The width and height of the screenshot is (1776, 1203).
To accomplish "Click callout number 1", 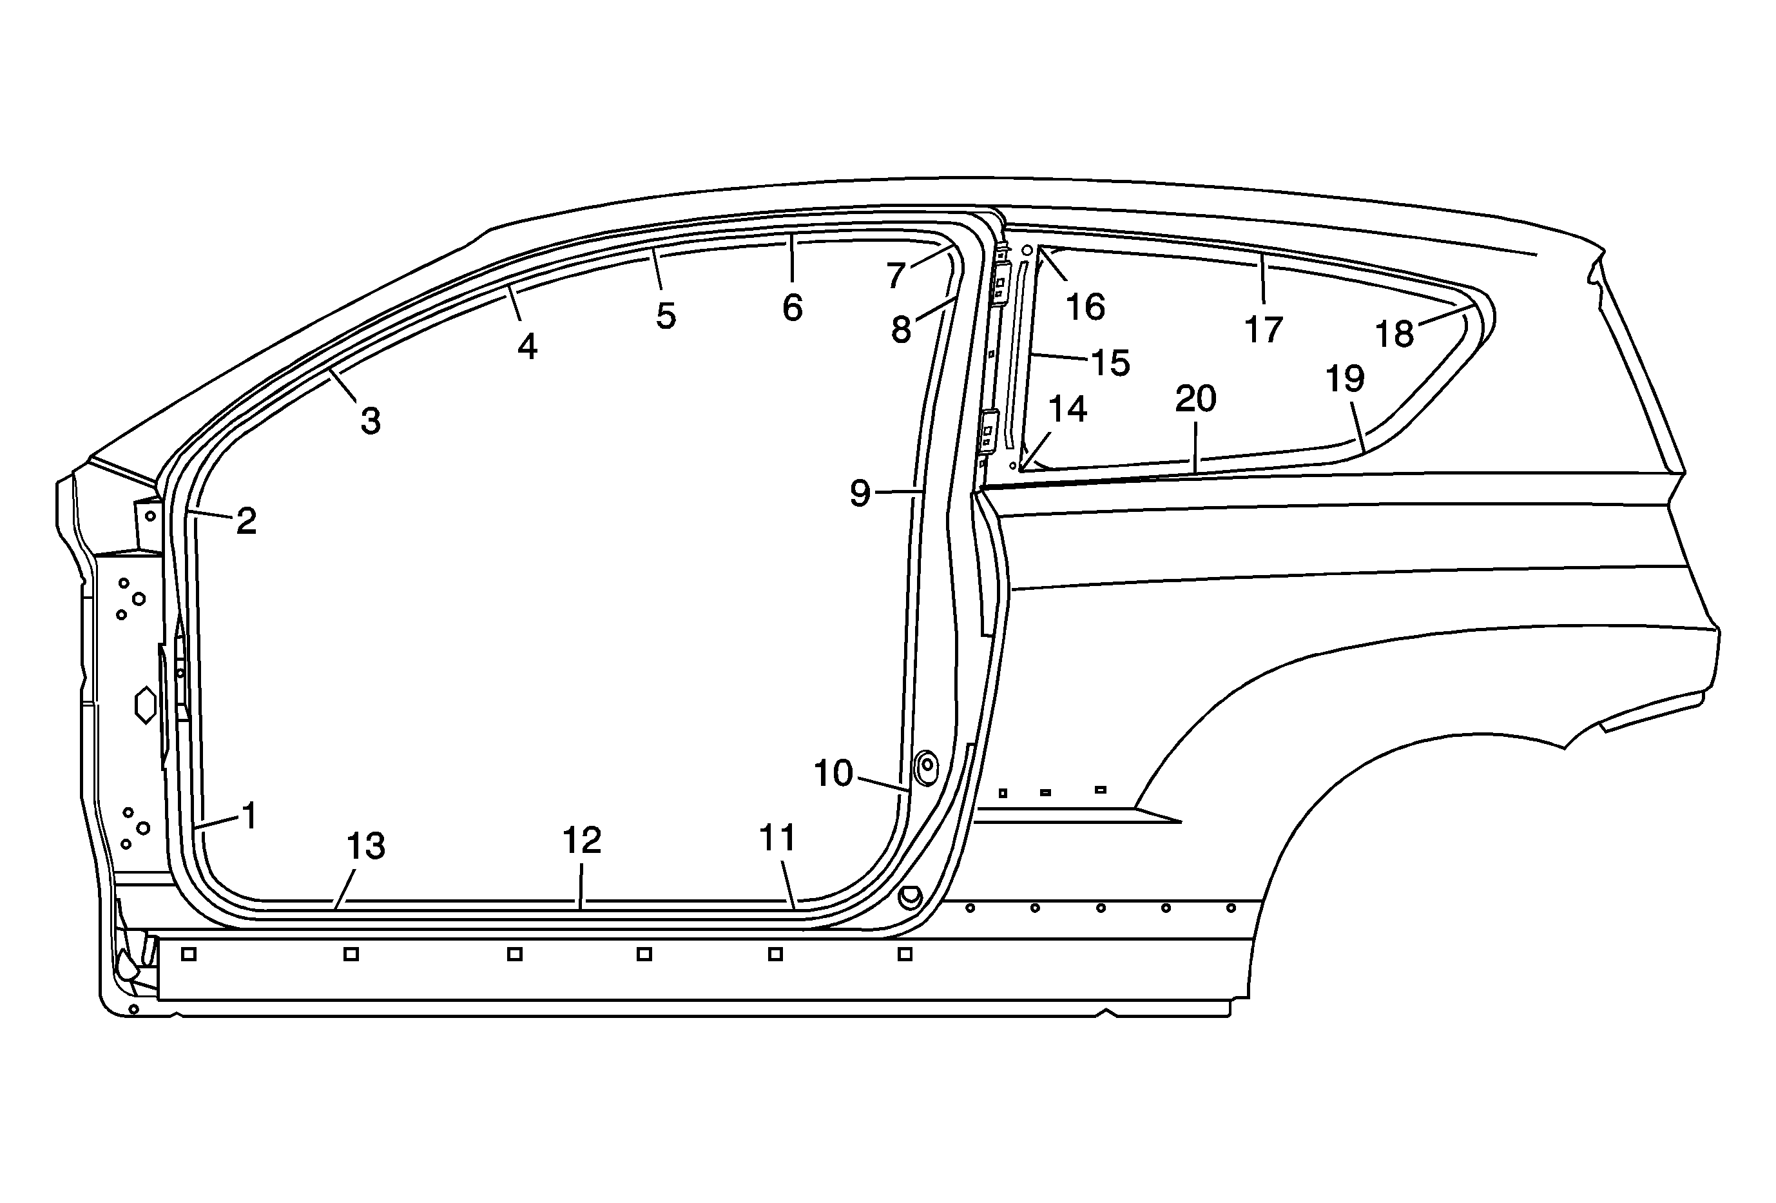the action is (249, 816).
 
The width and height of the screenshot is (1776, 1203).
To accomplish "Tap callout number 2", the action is (246, 522).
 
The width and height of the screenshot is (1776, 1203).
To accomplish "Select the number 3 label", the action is (371, 421).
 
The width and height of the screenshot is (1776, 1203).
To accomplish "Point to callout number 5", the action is (666, 317).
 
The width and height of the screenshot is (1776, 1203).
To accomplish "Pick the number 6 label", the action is (793, 308).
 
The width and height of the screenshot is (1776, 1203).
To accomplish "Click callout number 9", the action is (860, 494).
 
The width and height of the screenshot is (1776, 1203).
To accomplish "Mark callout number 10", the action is (833, 774).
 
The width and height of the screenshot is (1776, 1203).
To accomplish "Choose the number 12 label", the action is (581, 841).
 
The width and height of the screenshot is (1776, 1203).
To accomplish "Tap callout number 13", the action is (366, 846).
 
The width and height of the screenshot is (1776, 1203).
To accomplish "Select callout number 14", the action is (1068, 409).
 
